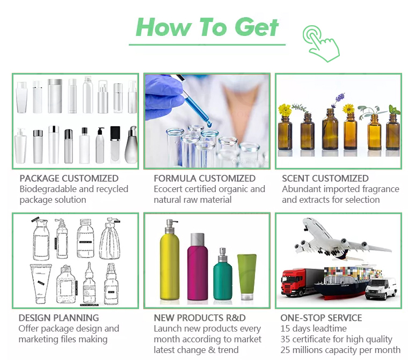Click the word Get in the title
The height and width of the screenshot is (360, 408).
coord(257,27)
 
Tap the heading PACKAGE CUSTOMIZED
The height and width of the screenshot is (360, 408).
coord(69,179)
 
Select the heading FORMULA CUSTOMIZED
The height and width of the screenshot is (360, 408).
coord(205,179)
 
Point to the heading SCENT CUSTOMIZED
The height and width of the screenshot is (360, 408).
coord(325,179)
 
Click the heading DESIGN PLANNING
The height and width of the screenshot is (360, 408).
coord(59,318)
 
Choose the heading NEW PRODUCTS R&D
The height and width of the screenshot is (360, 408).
coord(200,318)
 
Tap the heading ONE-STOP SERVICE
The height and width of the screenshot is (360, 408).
coord(321,318)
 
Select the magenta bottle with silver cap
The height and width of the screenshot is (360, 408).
coord(198,267)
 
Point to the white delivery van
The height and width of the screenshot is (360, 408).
coord(381,289)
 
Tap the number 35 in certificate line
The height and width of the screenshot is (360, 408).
coord(285,339)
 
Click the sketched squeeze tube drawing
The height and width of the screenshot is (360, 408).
coord(41,283)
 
